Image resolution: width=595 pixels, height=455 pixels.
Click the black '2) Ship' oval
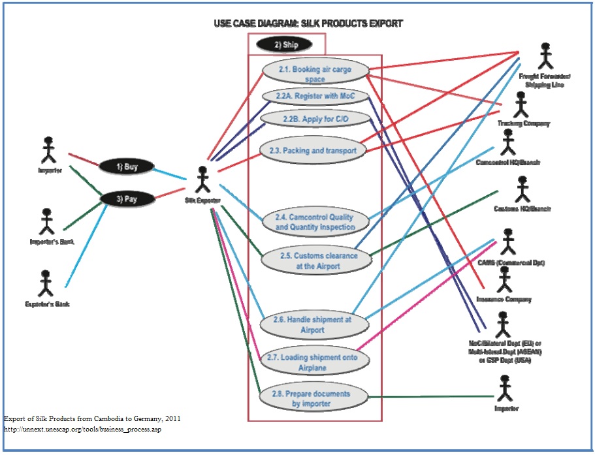pyautogui.click(x=285, y=44)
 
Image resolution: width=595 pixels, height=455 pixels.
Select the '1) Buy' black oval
pyautogui.click(x=127, y=166)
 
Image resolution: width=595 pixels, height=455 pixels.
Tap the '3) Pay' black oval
pyautogui.click(x=127, y=198)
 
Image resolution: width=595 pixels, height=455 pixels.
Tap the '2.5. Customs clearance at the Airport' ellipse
pyautogui.click(x=317, y=260)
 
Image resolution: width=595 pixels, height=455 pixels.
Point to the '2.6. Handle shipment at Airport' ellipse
pyautogui.click(x=314, y=324)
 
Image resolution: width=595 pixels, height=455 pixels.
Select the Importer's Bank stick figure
pyautogui.click(x=46, y=222)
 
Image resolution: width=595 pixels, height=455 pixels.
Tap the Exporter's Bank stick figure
pyautogui.click(x=45, y=283)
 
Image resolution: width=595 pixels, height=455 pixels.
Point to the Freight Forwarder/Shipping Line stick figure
pyautogui.click(x=545, y=57)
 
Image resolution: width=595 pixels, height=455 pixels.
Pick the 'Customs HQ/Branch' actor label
pyautogui.click(x=522, y=209)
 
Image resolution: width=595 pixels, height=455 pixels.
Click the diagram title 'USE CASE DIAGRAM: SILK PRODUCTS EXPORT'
pyautogui.click(x=308, y=24)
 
